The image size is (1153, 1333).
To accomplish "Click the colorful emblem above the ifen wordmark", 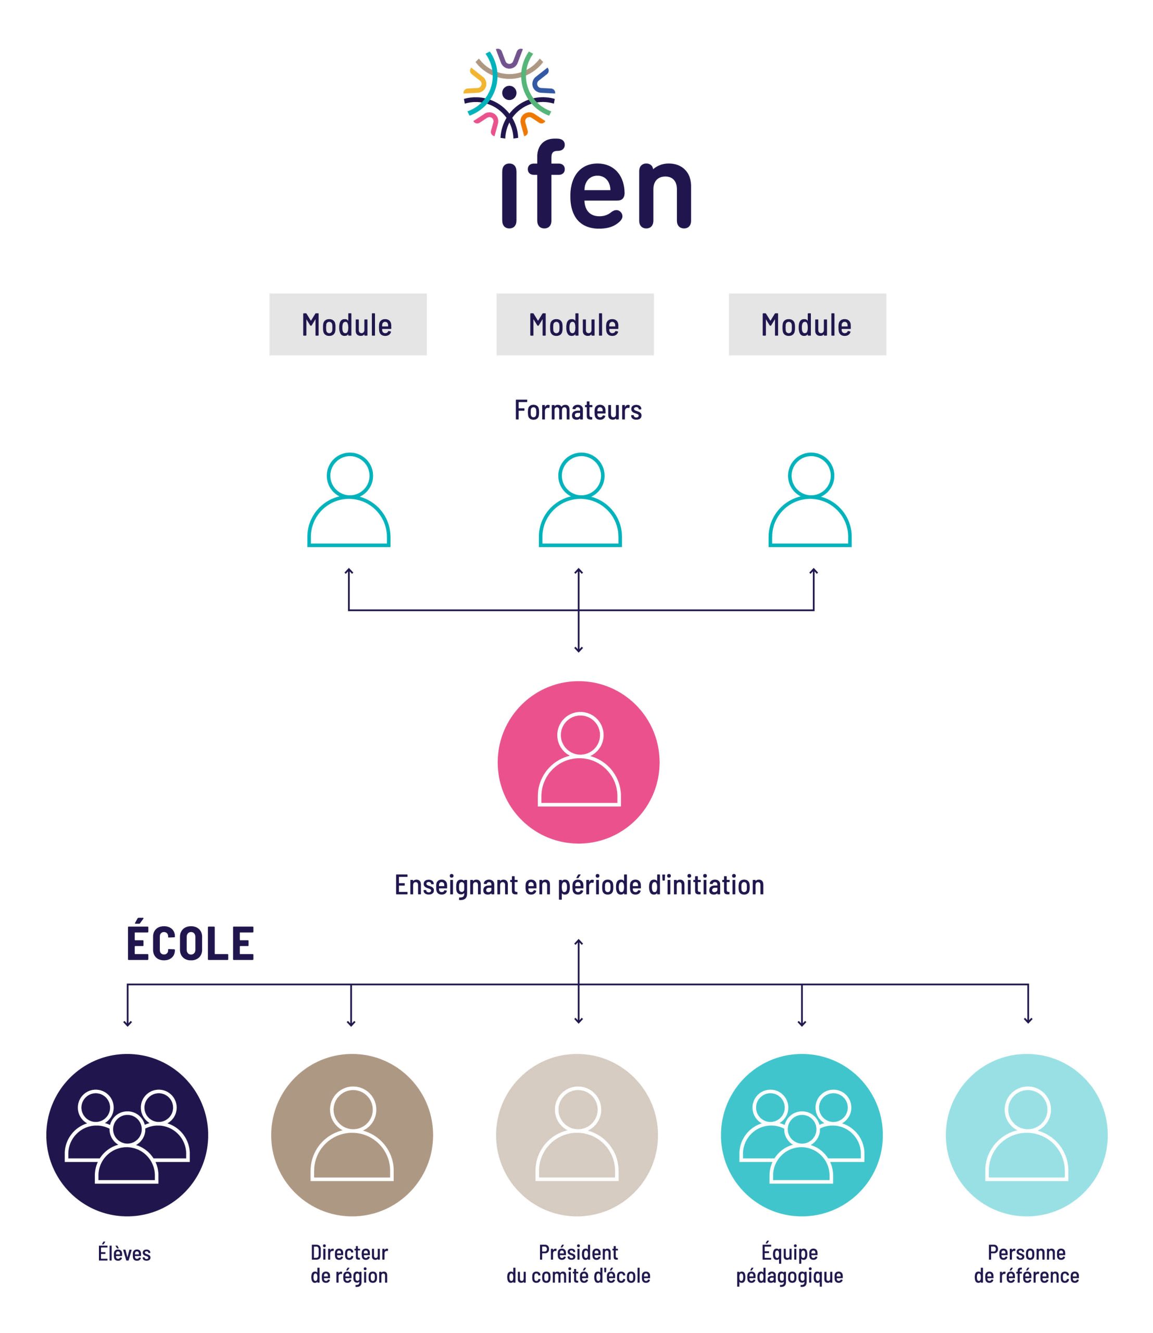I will coord(509,93).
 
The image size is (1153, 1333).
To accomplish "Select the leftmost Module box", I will coord(347,324).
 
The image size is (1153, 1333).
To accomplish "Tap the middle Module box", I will coord(574,324).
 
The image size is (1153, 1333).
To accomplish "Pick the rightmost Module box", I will coord(807,324).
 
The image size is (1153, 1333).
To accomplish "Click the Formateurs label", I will coord(578,410).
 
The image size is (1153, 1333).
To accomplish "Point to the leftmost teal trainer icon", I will coord(349,500).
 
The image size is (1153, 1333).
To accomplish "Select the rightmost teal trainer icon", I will coord(810,500).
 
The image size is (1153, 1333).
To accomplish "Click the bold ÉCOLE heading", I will coord(191,945).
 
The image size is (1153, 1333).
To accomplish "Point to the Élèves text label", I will coord(124,1253).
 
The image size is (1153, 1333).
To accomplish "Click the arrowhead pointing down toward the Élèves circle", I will coord(128,1023).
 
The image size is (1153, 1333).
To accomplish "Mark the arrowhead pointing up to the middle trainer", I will coord(579,571).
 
